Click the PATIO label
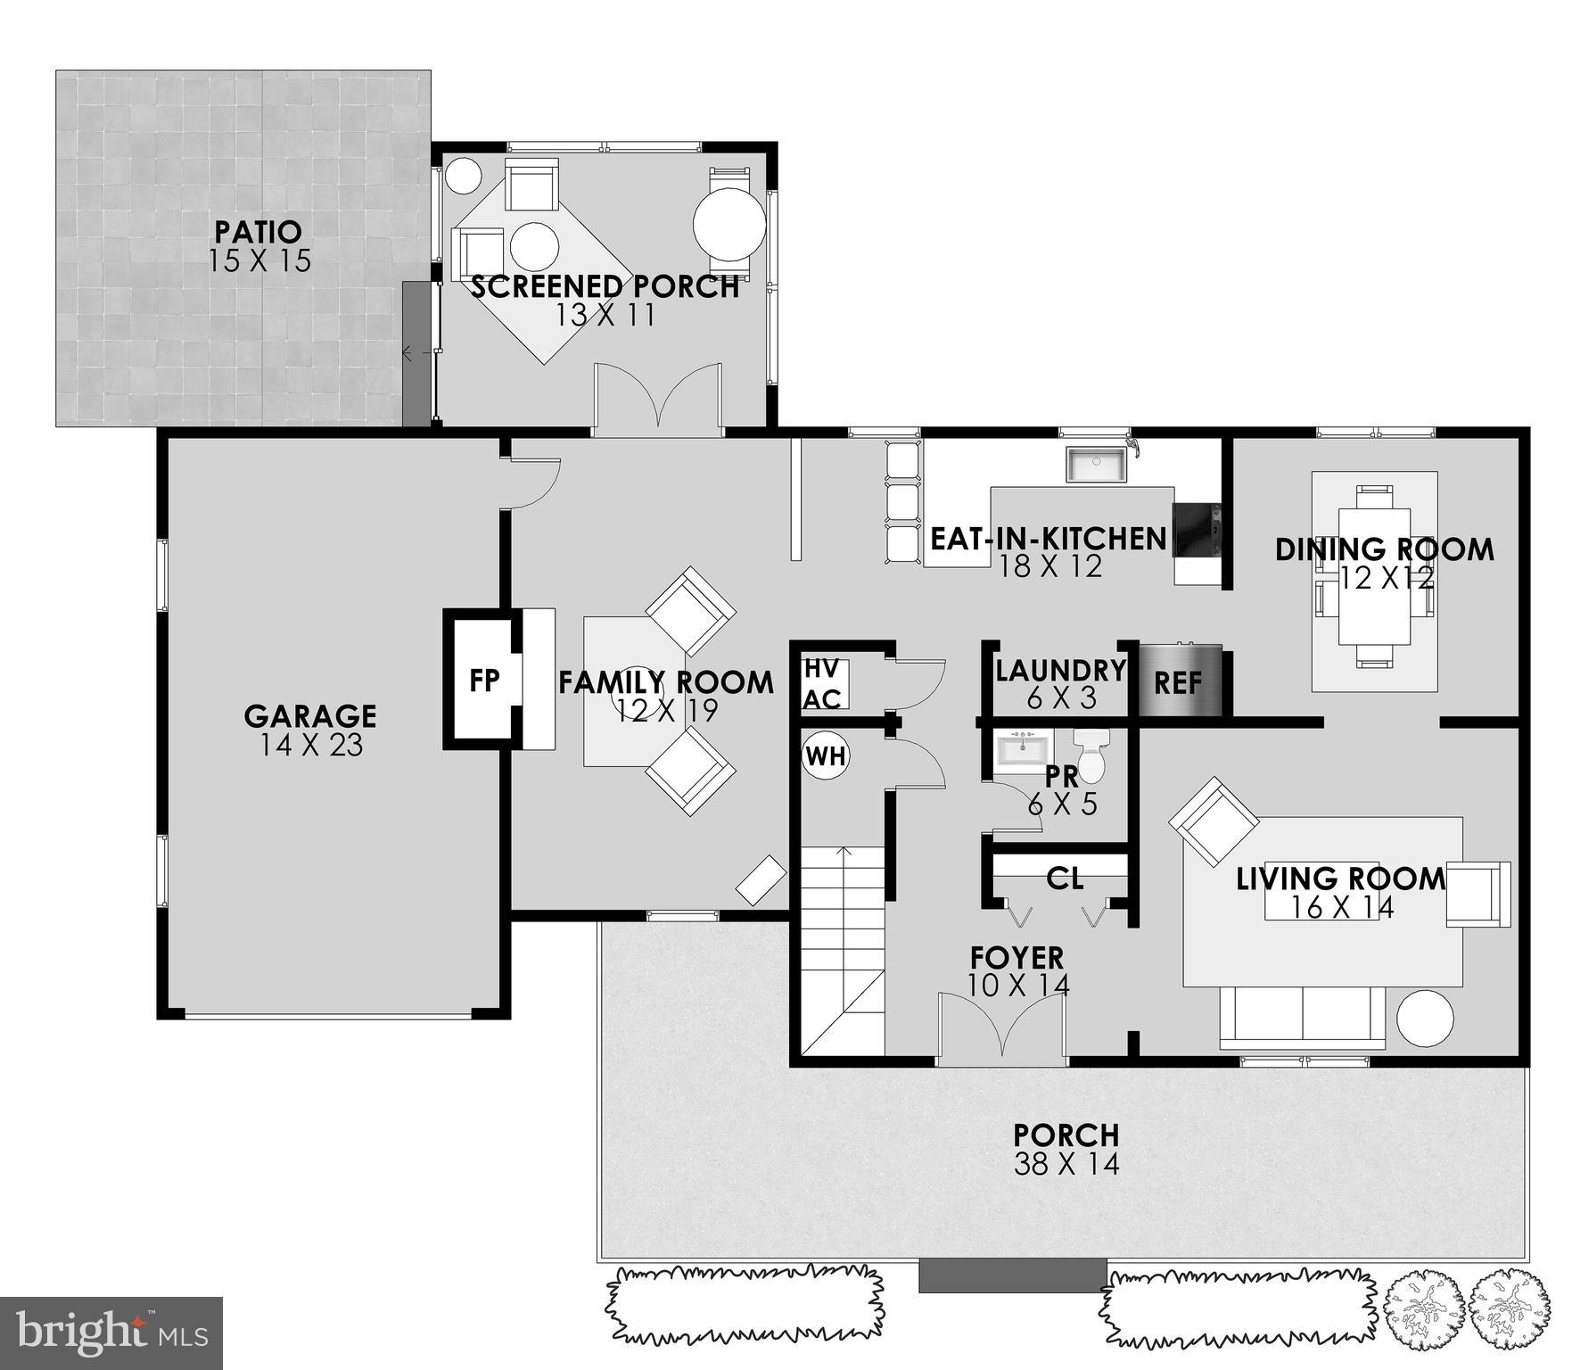(x=258, y=232)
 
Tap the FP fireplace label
(x=484, y=681)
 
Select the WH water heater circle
(x=826, y=756)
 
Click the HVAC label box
(x=822, y=684)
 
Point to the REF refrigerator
(x=1178, y=682)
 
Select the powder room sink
(x=1024, y=748)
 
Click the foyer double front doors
(x=1002, y=1026)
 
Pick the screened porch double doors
(x=658, y=398)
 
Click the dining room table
(x=1374, y=576)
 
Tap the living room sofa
(x=1302, y=1018)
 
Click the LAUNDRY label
(x=1061, y=670)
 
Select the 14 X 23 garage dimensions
(x=311, y=746)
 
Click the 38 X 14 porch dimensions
(x=1066, y=1164)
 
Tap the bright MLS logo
(x=111, y=1333)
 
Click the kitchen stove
(x=1196, y=529)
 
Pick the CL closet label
(x=1065, y=879)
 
